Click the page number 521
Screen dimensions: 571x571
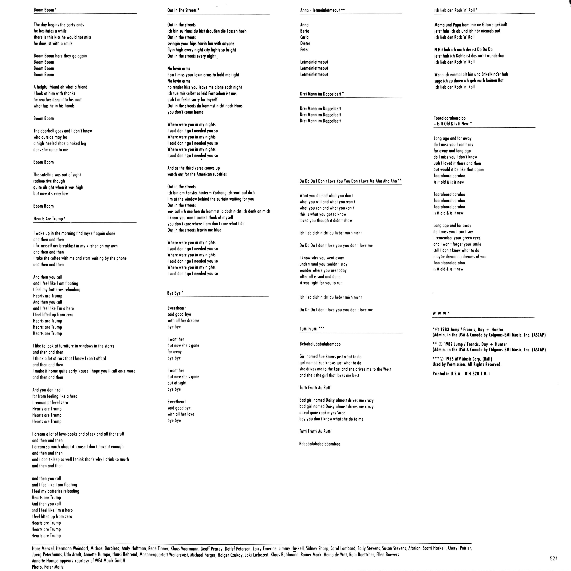point(553,558)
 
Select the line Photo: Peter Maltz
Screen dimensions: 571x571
point(48,567)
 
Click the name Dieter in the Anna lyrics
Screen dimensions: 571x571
point(305,43)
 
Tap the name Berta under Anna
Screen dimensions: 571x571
point(305,31)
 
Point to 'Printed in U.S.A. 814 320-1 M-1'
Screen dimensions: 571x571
point(461,374)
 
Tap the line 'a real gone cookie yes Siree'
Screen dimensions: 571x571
point(322,413)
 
